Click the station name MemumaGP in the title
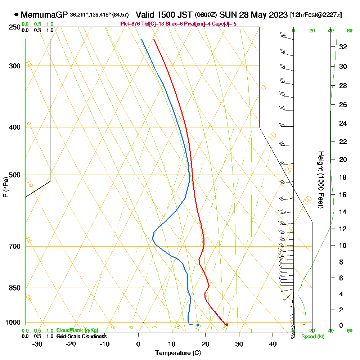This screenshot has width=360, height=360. (x=44, y=15)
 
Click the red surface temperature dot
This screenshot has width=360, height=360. (x=227, y=325)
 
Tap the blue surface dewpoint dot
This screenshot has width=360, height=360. (x=198, y=325)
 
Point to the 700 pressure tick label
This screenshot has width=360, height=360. (x=13, y=247)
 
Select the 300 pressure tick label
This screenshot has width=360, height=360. (x=13, y=66)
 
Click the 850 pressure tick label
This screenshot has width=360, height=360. (x=13, y=288)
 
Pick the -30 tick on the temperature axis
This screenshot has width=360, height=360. (x=37, y=344)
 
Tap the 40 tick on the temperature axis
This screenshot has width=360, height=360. (x=273, y=344)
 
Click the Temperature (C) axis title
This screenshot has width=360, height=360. (x=178, y=353)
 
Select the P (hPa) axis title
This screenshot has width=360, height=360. (x=5, y=187)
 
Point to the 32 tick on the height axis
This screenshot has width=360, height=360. (x=343, y=47)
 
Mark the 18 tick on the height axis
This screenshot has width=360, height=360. (x=343, y=177)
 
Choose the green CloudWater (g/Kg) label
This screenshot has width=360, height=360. (x=77, y=330)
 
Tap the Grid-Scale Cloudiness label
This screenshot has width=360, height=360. (x=81, y=336)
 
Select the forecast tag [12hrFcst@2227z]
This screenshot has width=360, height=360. (x=316, y=15)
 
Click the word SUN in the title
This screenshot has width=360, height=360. (x=227, y=15)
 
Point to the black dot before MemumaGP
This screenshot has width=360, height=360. (x=16, y=15)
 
